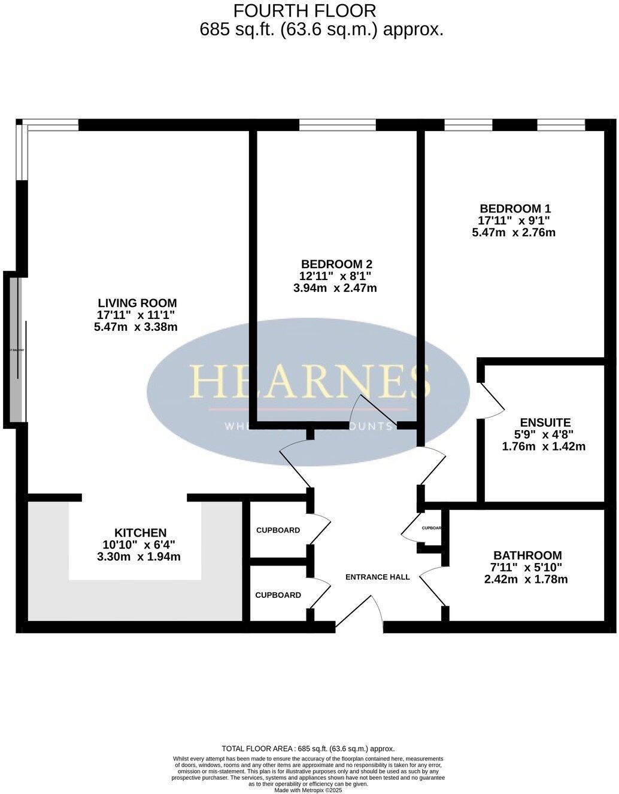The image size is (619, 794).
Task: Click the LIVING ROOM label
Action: tap(137, 303)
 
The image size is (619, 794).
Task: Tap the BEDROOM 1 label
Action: tap(515, 208)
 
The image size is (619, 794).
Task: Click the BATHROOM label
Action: tap(527, 555)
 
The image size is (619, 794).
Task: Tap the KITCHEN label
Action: tap(140, 533)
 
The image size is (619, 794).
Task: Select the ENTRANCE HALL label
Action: tap(378, 577)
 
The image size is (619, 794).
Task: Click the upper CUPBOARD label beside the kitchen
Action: tap(278, 530)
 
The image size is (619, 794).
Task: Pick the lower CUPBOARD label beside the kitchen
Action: tap(278, 595)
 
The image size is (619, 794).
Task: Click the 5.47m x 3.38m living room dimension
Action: tap(136, 327)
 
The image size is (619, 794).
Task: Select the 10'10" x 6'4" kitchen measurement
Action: tap(139, 544)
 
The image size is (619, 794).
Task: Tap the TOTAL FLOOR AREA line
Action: tap(308, 749)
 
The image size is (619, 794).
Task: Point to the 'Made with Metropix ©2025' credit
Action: tap(308, 790)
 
